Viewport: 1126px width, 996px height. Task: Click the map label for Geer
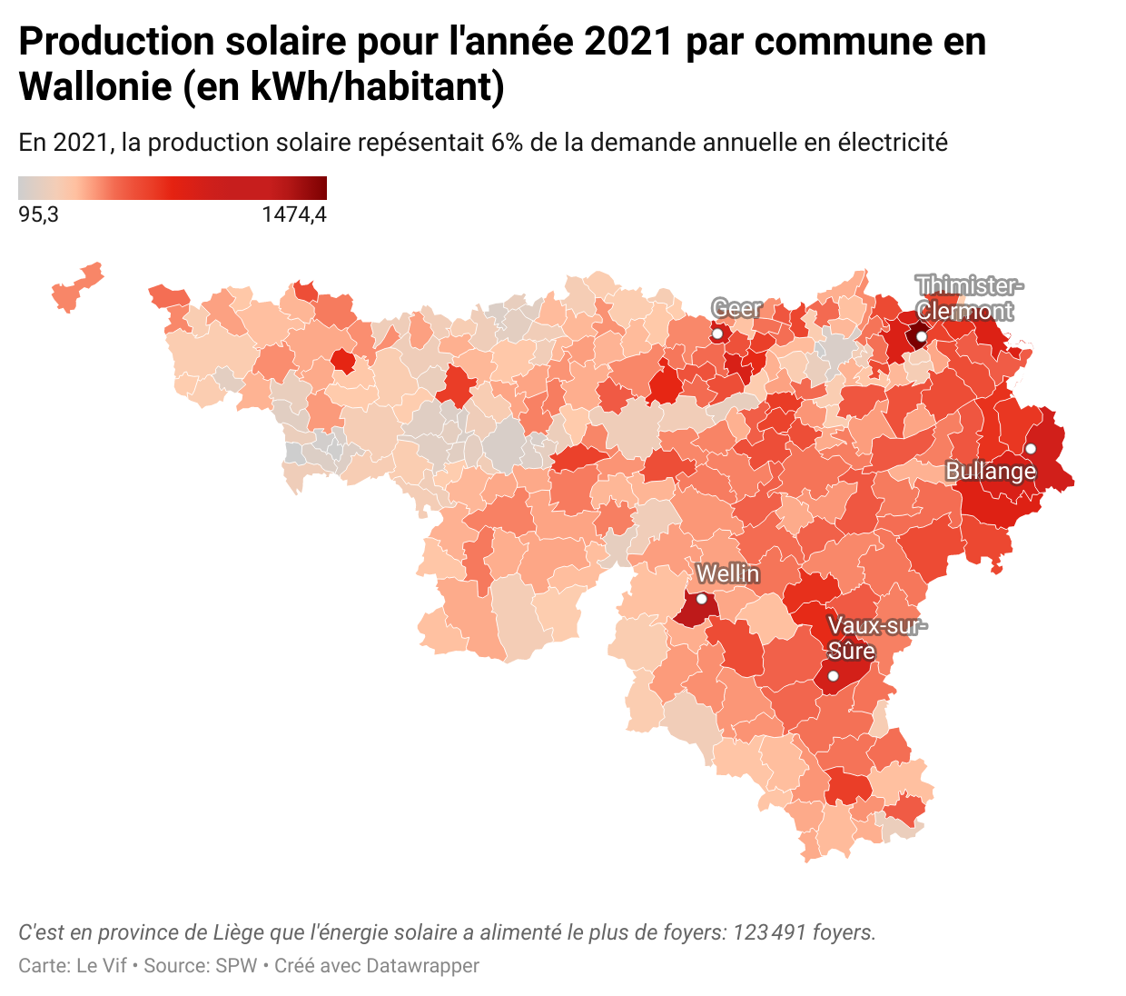[736, 309]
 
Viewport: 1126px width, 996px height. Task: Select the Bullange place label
[991, 471]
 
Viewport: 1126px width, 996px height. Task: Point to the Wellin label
[727, 573]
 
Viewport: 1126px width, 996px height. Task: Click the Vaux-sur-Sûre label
[876, 638]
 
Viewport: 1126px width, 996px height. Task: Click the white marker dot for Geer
[716, 334]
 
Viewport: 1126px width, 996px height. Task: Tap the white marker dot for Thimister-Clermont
[921, 337]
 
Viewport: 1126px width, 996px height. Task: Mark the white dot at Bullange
[1031, 449]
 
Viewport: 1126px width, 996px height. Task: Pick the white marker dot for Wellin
[701, 599]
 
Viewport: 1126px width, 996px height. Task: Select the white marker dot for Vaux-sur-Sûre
[833, 676]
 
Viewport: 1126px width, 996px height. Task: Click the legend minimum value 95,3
[38, 215]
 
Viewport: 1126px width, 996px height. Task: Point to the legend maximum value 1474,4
[293, 215]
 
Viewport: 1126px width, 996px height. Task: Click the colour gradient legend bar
[173, 188]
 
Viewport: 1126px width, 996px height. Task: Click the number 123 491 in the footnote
[770, 932]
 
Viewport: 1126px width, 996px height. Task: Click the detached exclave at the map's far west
[77, 287]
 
